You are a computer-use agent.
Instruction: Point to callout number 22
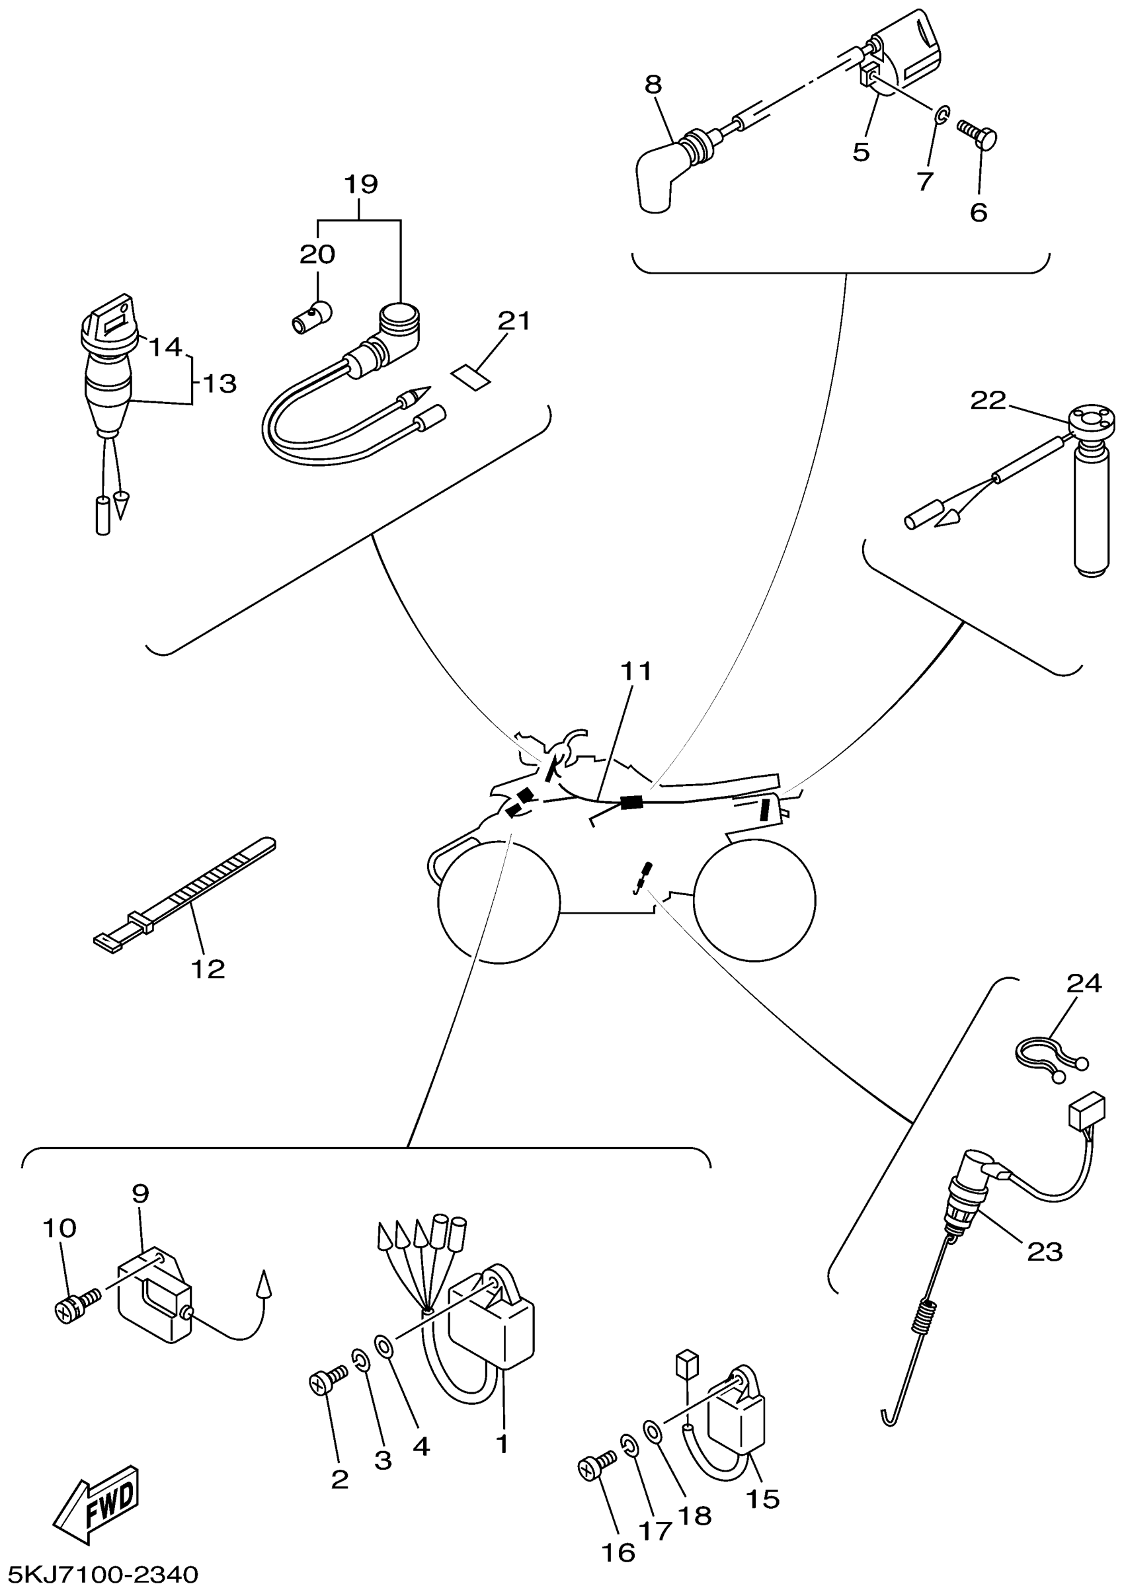tap(987, 400)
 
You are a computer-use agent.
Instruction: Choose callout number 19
tap(360, 184)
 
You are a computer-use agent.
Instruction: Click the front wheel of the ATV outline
tap(499, 900)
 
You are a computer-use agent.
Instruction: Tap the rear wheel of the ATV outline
tap(754, 900)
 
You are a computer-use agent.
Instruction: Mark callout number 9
tap(140, 1193)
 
